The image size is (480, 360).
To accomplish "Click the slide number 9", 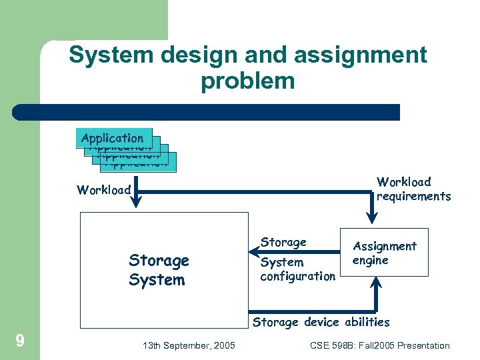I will (20, 341).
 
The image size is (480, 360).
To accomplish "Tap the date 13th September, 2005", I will (189, 345).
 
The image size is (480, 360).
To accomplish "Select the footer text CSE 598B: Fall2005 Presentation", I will (380, 345).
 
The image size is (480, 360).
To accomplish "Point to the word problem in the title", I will (247, 81).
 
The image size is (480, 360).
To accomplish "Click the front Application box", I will (113, 138).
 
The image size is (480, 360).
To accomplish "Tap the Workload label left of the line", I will (104, 190).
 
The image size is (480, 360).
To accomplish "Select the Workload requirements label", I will (413, 189).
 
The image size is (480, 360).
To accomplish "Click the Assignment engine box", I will (384, 253).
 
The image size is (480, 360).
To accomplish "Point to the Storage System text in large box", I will (159, 270).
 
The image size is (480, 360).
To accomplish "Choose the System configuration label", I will (297, 269).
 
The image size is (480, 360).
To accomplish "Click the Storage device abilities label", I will (321, 322).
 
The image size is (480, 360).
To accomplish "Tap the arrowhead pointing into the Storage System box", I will (254, 253).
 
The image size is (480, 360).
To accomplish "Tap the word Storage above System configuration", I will (283, 242).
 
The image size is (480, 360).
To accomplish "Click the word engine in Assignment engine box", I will (370, 260).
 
